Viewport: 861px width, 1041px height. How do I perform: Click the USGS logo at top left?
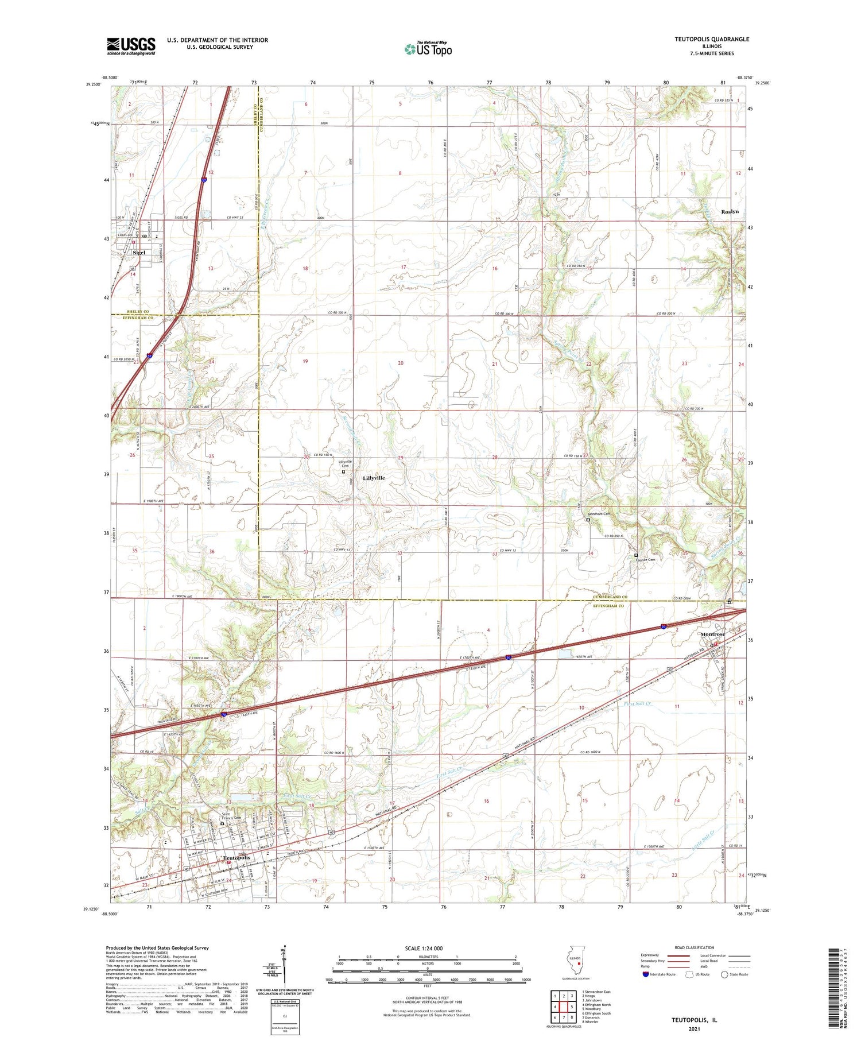pos(131,46)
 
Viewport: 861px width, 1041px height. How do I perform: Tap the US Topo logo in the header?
pos(428,49)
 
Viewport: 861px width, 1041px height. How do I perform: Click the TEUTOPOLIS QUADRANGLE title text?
pos(712,39)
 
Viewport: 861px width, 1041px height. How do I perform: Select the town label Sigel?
pos(139,253)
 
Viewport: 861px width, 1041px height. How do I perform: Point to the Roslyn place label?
pos(730,212)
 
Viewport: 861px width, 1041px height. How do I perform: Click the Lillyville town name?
pos(374,478)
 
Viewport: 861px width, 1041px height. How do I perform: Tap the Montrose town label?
pos(712,634)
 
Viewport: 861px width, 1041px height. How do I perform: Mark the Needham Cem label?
pos(599,514)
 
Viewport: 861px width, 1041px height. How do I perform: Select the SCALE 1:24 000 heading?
pos(428,948)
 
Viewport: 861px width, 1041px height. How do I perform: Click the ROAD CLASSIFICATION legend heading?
pos(695,947)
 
